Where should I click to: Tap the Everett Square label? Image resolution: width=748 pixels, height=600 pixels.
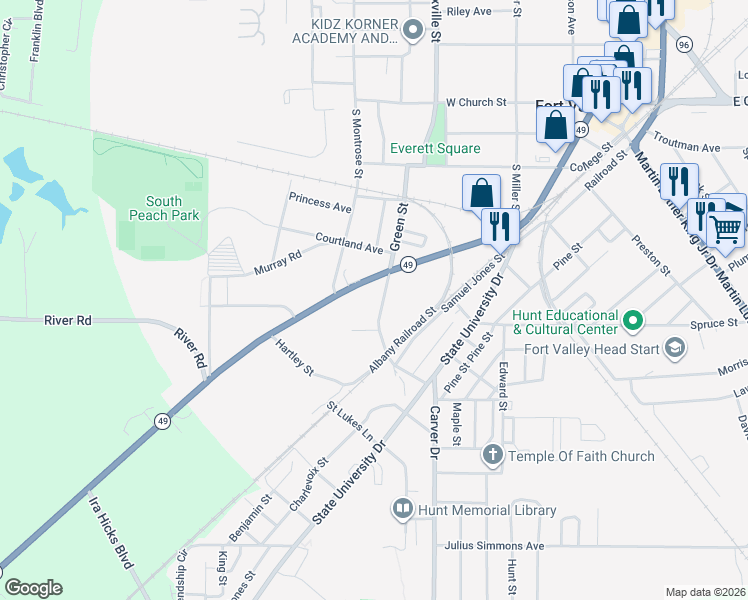click(435, 148)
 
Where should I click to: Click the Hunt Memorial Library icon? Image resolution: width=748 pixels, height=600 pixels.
click(402, 510)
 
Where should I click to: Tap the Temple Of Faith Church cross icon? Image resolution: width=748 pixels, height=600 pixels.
click(492, 456)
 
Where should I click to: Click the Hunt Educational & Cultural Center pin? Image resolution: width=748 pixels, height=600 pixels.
click(632, 321)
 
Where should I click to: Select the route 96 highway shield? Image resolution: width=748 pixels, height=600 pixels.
click(684, 45)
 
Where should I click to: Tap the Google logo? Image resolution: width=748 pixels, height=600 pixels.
click(33, 588)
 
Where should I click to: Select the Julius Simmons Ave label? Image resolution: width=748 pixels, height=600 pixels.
click(494, 546)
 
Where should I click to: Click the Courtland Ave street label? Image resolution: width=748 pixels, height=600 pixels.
click(349, 242)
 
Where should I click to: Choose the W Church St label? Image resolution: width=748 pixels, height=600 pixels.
click(477, 102)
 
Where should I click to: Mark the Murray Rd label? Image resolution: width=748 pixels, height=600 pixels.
click(277, 263)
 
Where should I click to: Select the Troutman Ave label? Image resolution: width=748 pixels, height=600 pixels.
click(686, 147)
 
